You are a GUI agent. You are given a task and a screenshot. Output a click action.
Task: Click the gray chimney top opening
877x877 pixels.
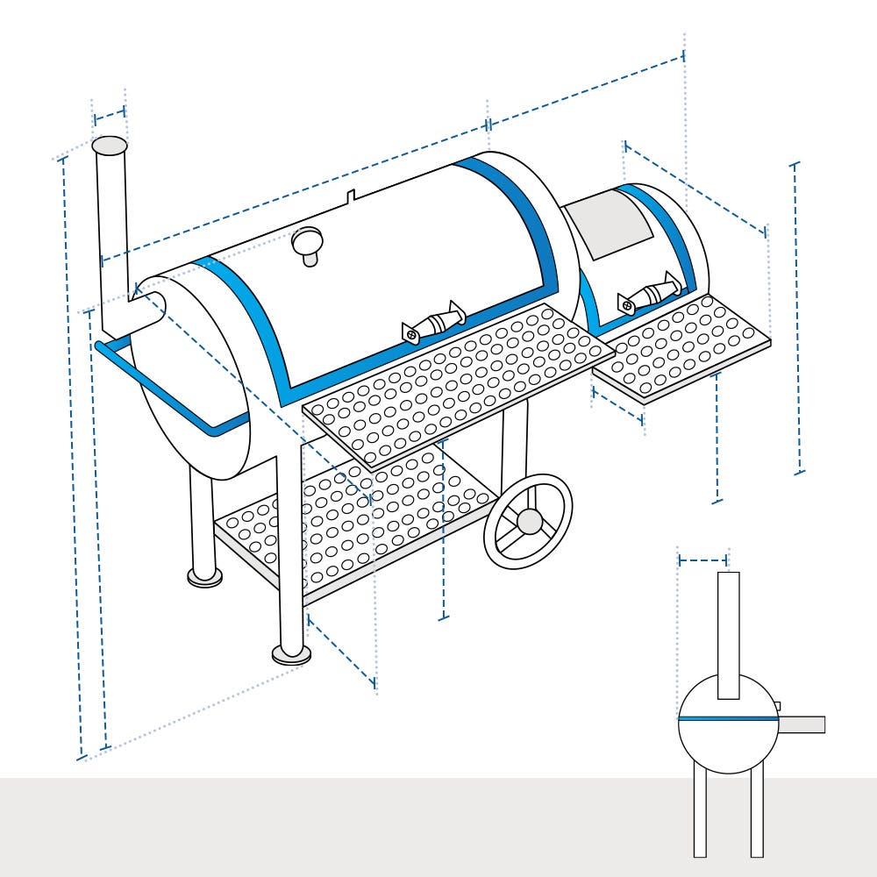click(110, 146)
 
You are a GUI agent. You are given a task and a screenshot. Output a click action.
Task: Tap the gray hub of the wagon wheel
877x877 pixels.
click(530, 521)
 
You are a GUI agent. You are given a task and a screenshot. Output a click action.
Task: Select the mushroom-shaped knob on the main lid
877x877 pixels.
click(308, 243)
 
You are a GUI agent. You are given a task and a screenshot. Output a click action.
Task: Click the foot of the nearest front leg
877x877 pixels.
click(291, 654)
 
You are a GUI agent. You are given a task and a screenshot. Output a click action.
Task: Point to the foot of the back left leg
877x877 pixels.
click(204, 576)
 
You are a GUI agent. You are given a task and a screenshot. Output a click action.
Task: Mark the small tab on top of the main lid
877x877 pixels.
click(350, 196)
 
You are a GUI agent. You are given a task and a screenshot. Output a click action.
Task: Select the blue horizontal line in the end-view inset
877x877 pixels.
click(728, 718)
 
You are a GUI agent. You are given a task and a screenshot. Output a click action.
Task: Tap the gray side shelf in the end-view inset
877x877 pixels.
click(802, 724)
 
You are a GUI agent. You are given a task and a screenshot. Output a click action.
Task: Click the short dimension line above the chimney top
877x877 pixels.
click(110, 114)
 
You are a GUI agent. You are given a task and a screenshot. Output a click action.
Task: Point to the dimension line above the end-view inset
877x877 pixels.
click(703, 559)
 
